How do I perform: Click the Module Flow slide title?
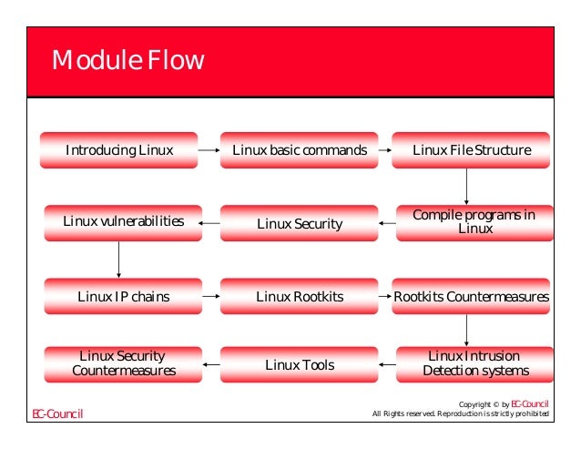click(127, 61)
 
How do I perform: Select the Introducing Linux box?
click(118, 149)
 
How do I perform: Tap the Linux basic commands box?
click(300, 149)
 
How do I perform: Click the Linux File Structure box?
click(471, 149)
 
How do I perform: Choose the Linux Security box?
click(300, 223)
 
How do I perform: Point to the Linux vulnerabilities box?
click(123, 221)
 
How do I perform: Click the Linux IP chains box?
click(123, 296)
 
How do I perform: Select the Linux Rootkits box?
click(300, 296)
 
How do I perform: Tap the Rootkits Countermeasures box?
click(471, 296)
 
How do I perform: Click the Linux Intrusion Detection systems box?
click(475, 363)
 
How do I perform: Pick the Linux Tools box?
click(300, 365)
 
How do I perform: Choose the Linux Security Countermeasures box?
click(123, 363)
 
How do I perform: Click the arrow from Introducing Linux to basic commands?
click(209, 149)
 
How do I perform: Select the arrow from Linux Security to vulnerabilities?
click(209, 223)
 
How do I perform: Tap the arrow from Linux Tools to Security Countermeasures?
click(209, 365)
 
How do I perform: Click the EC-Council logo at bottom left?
click(57, 414)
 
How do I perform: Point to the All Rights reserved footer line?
click(461, 415)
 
